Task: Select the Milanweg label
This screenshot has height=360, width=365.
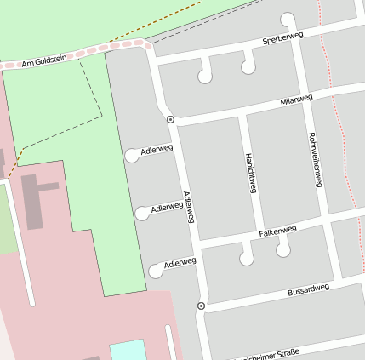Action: click(x=296, y=101)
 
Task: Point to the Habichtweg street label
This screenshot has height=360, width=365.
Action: click(x=250, y=174)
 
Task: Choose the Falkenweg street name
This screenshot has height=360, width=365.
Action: click(x=277, y=231)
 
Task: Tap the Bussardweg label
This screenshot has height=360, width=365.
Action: click(x=308, y=289)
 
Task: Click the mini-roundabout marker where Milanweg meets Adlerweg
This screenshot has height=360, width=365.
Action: click(x=170, y=120)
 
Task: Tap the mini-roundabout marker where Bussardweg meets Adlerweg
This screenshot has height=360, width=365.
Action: click(x=201, y=306)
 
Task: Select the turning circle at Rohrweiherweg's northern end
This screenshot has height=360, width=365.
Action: click(x=288, y=19)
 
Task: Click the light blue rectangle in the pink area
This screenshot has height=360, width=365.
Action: click(x=128, y=350)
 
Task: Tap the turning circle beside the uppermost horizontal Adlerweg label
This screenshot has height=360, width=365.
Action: click(x=132, y=155)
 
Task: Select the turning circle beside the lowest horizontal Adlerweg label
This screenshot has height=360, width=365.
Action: click(x=156, y=271)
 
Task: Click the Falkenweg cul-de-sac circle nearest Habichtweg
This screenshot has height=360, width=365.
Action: click(x=247, y=258)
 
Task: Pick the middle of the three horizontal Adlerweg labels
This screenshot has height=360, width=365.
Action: click(x=167, y=207)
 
